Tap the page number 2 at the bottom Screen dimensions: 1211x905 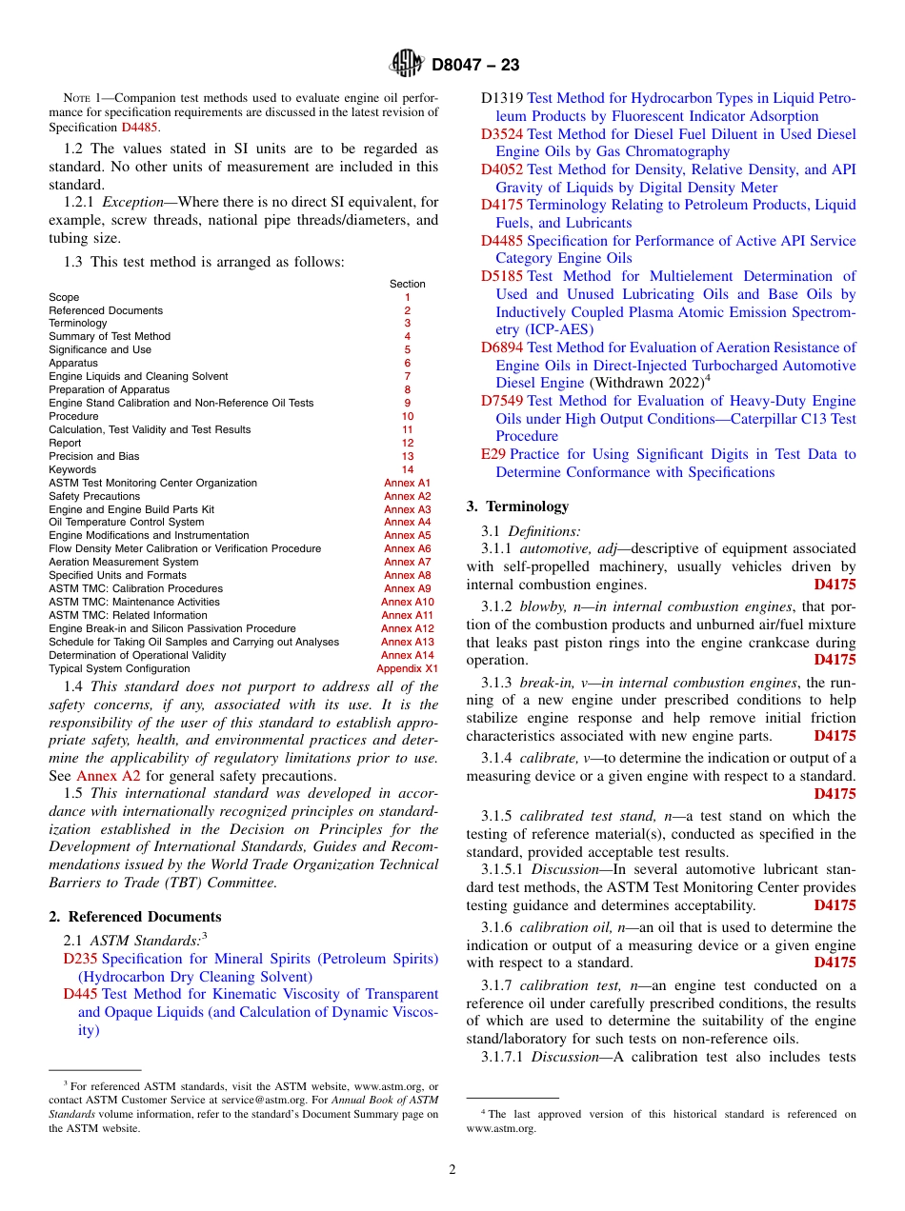point(452,1170)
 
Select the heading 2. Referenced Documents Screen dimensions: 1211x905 point(135,917)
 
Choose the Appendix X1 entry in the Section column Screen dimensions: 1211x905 point(407,668)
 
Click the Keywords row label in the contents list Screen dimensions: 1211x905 point(72,469)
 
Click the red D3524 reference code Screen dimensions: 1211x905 point(502,134)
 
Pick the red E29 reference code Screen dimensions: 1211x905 point(493,454)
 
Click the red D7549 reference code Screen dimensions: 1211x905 point(502,401)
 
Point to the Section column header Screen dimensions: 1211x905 point(408,284)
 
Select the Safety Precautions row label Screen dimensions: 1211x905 point(94,496)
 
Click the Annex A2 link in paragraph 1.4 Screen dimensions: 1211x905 point(108,776)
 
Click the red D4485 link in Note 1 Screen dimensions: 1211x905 point(139,127)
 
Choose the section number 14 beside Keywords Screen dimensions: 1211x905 point(408,469)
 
